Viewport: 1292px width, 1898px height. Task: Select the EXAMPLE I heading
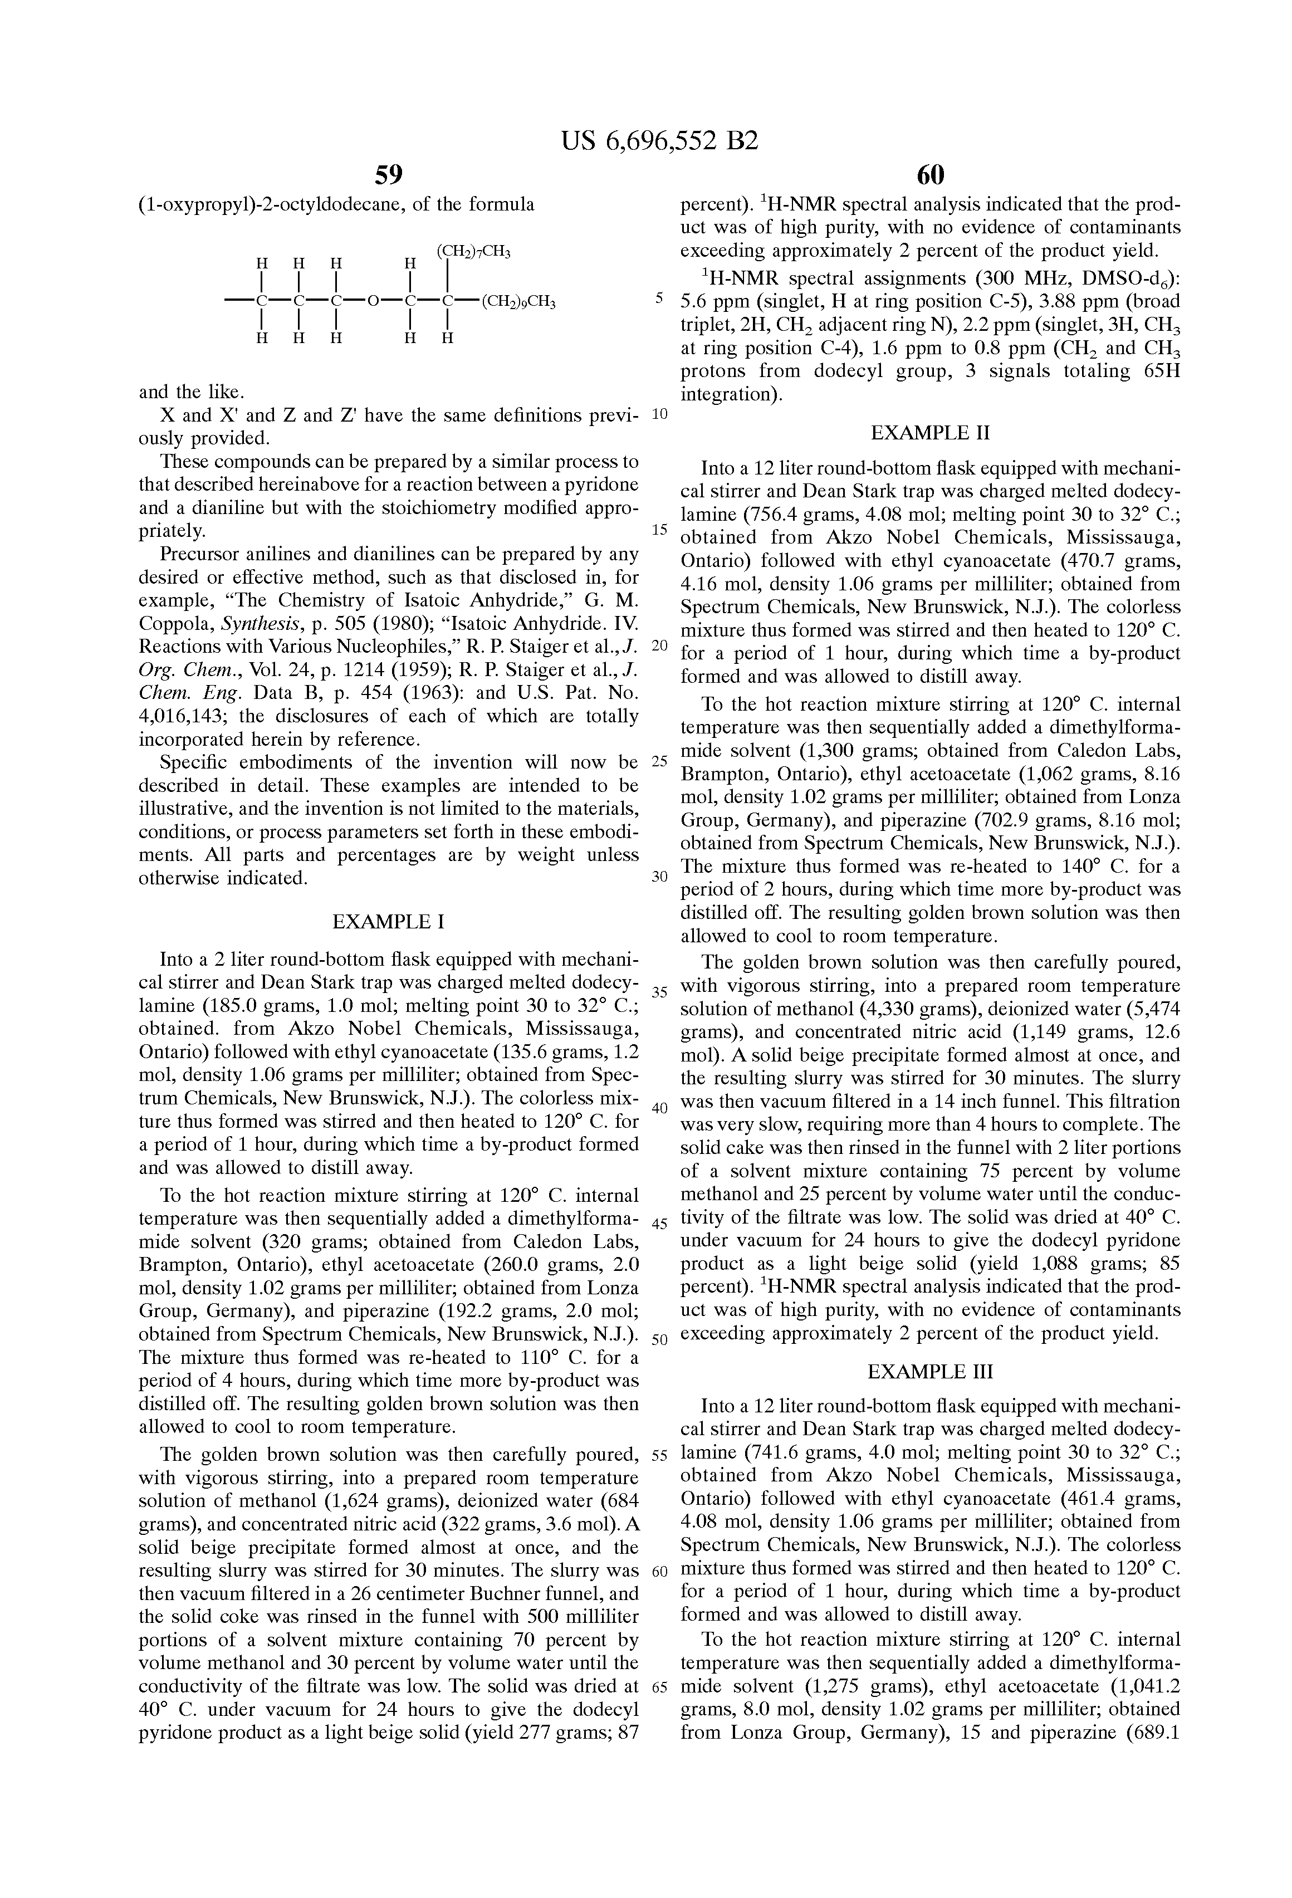(389, 922)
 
